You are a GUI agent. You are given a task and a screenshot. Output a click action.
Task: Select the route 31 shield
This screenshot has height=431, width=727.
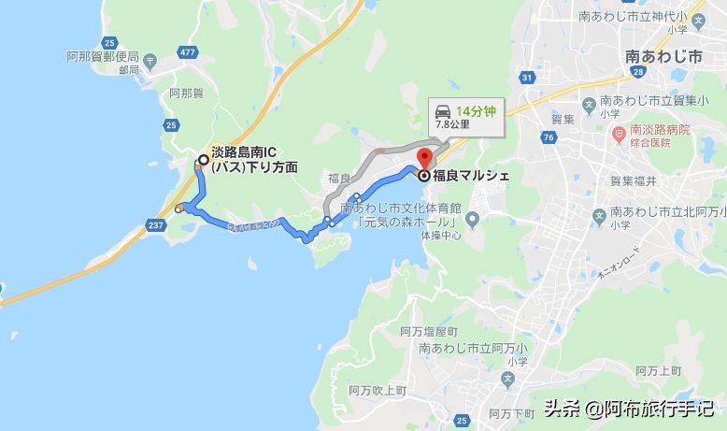point(527,77)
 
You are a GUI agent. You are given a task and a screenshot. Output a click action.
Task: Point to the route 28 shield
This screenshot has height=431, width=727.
point(636,72)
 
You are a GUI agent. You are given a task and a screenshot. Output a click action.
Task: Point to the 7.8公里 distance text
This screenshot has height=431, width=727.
point(453,124)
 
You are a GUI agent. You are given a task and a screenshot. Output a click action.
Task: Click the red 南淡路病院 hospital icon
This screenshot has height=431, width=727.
point(619,134)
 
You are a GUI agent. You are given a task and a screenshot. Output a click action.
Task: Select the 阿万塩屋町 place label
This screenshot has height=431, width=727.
point(428,332)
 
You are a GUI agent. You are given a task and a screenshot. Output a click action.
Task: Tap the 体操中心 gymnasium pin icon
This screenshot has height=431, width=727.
point(472,221)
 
